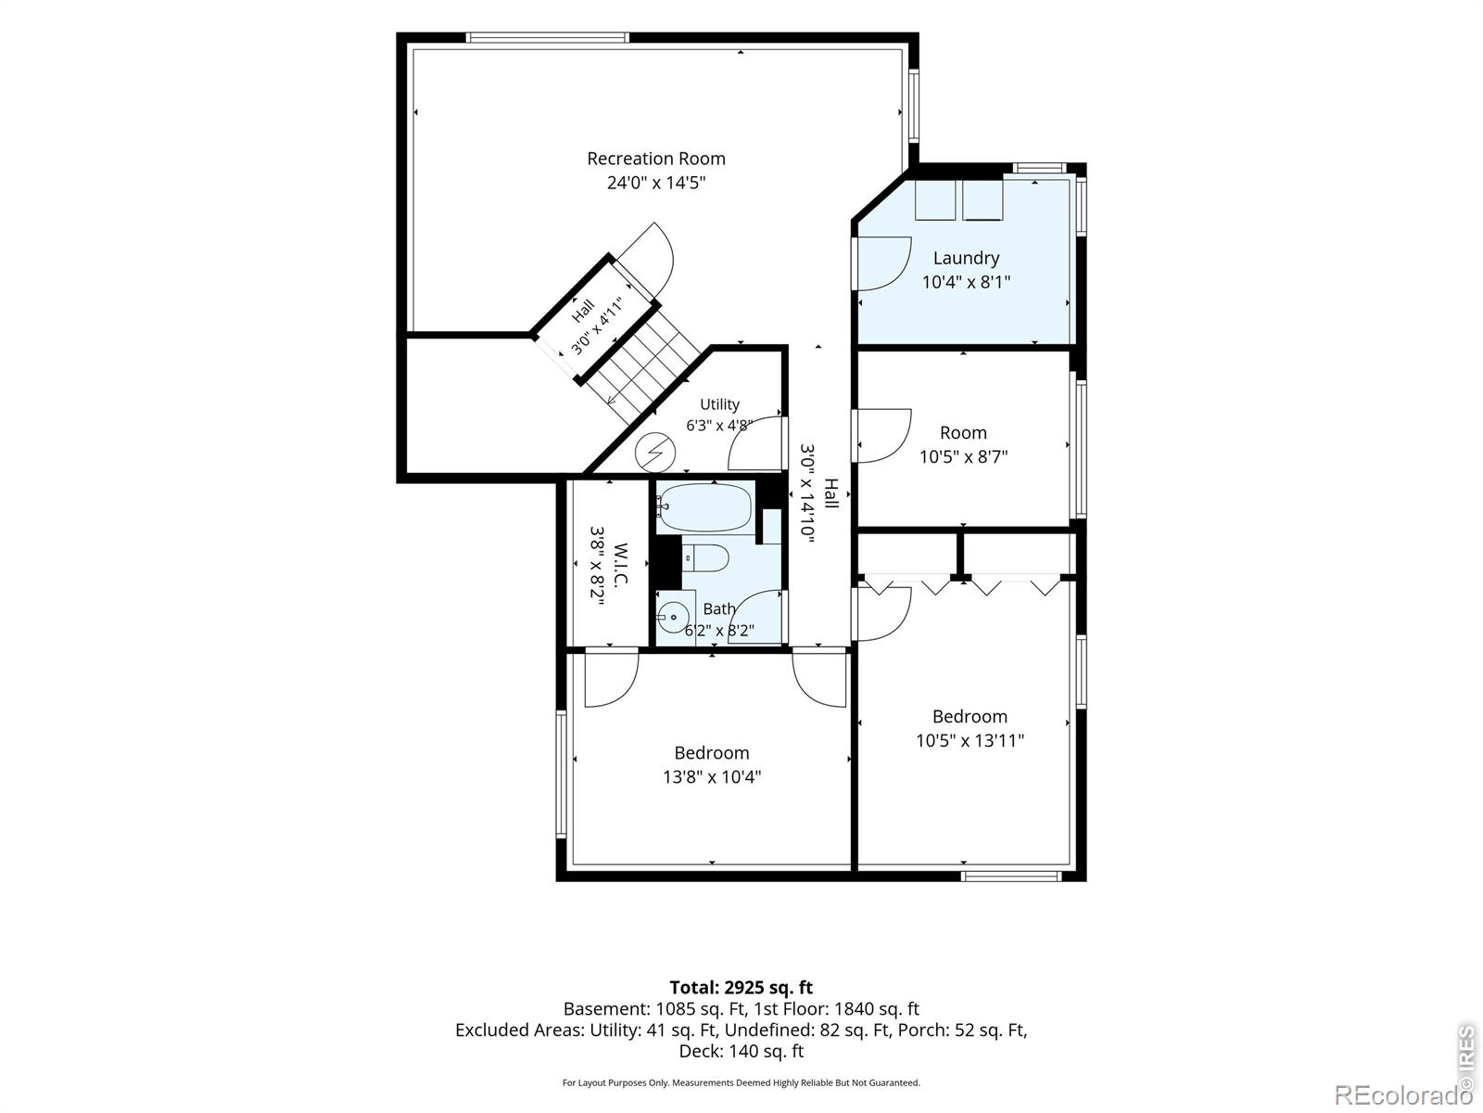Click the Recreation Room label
point(656,159)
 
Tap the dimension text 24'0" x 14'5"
point(656,183)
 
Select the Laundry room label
point(966,258)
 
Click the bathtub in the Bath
point(705,506)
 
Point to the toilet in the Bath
point(705,558)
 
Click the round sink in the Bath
point(674,617)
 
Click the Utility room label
point(719,404)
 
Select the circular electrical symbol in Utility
point(655,452)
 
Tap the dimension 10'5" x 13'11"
point(970,741)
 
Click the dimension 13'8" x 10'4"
point(712,777)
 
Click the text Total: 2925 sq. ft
point(741,987)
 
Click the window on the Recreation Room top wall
point(547,38)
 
